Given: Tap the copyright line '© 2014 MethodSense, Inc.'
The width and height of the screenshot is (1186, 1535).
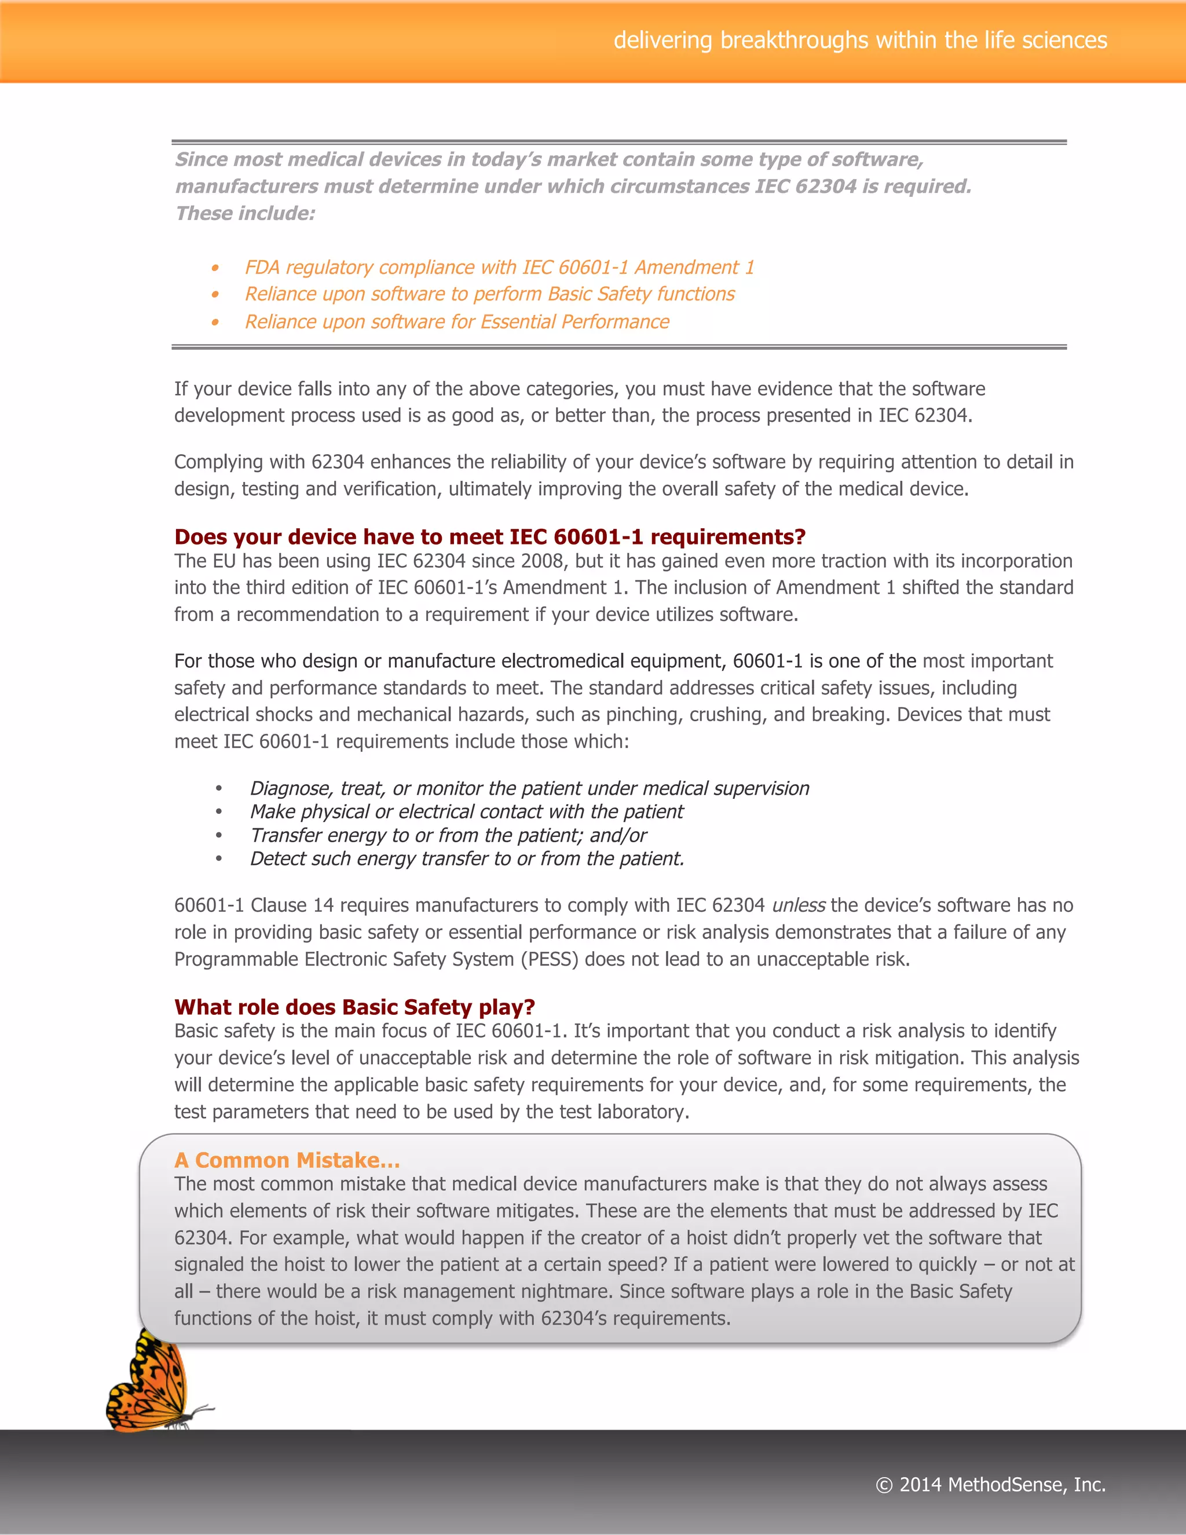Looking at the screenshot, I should coord(991,1485).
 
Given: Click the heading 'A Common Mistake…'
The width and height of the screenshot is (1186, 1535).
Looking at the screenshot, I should coord(287,1160).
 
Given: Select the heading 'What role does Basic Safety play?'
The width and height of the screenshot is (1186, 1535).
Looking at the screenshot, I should coord(354,1007).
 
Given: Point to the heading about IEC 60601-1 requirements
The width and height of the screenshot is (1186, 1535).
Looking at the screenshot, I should coord(490,537).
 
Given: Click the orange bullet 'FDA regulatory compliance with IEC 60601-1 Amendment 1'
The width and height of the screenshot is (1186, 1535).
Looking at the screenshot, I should coord(499,268).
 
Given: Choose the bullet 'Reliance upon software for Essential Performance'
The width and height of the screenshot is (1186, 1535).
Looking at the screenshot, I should coord(457,322).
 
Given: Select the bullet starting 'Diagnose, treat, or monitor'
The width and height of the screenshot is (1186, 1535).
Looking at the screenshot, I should coord(529,788).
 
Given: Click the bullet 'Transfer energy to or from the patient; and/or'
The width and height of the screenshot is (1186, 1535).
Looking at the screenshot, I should coord(448,836).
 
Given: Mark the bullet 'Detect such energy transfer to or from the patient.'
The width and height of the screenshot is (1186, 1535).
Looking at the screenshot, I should coord(467,859).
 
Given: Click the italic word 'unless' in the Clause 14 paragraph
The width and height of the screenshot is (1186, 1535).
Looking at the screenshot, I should coord(798,905).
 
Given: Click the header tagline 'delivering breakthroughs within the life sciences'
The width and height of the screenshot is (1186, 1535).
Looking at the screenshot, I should coord(860,40).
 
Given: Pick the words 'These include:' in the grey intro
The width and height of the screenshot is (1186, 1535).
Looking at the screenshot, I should coord(245,214).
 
